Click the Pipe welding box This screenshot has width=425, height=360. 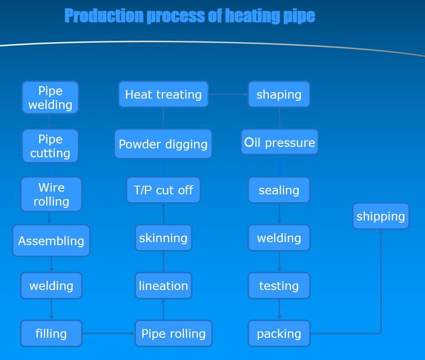[x=50, y=98]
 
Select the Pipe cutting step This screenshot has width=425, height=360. [x=50, y=146]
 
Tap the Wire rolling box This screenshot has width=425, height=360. [x=51, y=194]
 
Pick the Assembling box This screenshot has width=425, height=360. [x=51, y=241]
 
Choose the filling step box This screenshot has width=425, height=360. [x=51, y=333]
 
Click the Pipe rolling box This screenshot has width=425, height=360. [x=173, y=333]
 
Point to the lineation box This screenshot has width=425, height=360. [x=163, y=286]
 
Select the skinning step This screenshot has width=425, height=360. [x=163, y=238]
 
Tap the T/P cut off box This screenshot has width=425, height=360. [x=163, y=190]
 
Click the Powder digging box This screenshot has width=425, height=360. [x=163, y=144]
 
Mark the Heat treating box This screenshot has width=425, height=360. [x=163, y=94]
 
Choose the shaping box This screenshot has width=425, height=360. [x=279, y=94]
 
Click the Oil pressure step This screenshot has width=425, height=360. [x=279, y=142]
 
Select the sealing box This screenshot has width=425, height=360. [x=279, y=190]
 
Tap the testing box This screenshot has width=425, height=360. [x=279, y=286]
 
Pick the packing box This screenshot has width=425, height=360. [x=279, y=333]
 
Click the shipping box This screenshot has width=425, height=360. [x=381, y=216]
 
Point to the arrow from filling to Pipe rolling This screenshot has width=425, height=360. [x=108, y=333]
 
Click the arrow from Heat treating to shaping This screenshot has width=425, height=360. [x=228, y=94]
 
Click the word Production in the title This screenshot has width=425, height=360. [x=104, y=16]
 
